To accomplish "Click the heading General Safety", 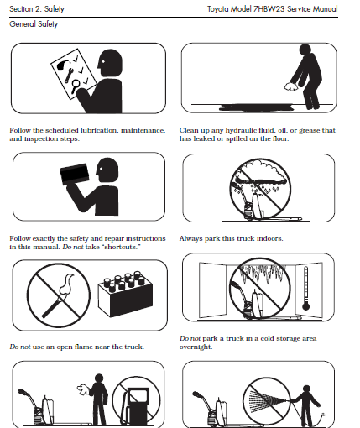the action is point(34,24).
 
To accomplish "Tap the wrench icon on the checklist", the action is point(69,76).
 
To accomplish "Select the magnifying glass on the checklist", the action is point(76,86).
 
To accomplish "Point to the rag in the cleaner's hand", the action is point(291,87).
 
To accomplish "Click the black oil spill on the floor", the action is point(256,107).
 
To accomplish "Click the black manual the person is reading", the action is point(74,174).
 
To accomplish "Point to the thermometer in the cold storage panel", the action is point(305,288).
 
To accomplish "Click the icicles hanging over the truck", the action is point(261,273).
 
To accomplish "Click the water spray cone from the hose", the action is point(267,398).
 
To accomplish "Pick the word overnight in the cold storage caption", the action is point(196,347).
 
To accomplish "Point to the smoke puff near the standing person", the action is point(83,389).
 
